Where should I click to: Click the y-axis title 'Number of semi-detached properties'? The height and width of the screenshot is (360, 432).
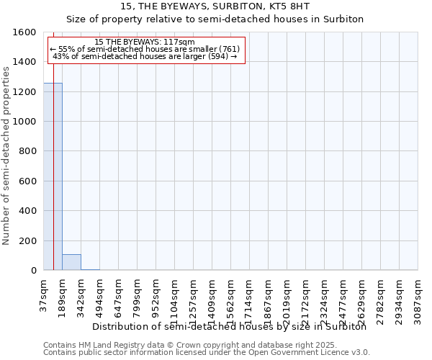(x=6, y=153)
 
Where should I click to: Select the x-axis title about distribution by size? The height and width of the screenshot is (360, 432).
(x=230, y=327)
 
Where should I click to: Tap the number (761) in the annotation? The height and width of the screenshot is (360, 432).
(x=225, y=49)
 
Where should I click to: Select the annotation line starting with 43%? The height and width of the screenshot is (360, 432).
(x=145, y=56)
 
